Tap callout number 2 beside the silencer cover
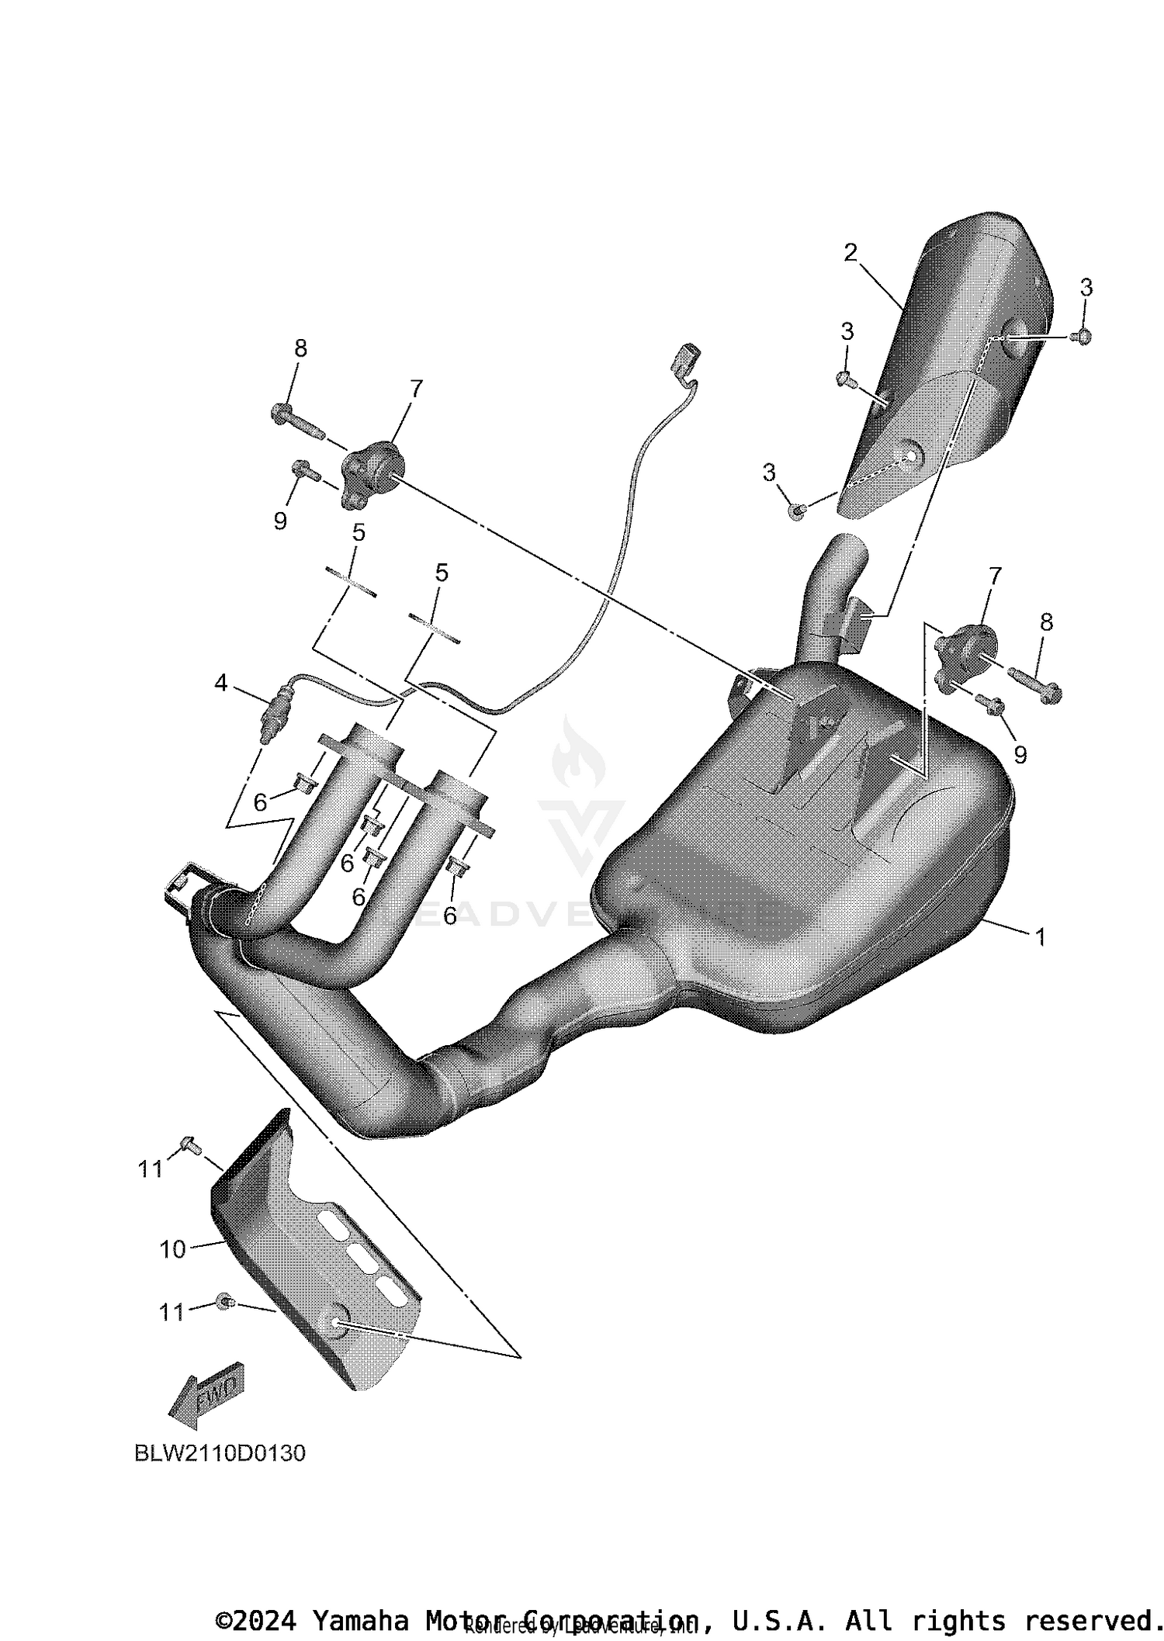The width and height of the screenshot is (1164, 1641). coord(850,252)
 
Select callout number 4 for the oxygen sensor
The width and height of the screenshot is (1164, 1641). coord(222,683)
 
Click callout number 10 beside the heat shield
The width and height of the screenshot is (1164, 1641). coord(172,1249)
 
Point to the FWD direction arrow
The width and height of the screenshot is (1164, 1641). coord(206,1403)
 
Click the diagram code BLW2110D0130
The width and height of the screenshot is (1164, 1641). coord(220,1452)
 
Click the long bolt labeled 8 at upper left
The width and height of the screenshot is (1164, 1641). coord(298,420)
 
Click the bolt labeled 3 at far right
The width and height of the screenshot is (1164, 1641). coord(1082,336)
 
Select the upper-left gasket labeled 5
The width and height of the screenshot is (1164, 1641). coord(351,582)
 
